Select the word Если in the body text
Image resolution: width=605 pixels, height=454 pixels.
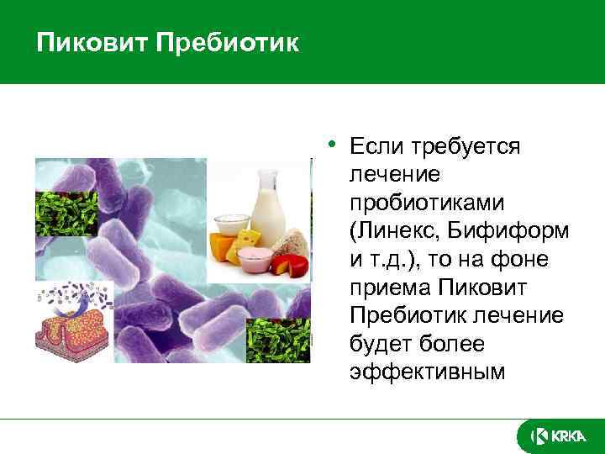point(376,147)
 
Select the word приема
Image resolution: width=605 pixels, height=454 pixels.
point(389,288)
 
